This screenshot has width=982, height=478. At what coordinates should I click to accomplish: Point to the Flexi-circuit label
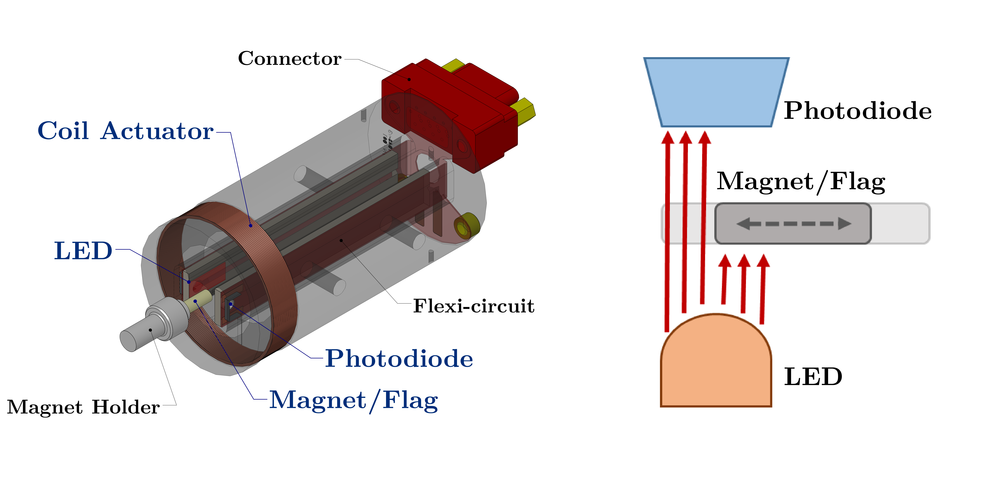click(473, 306)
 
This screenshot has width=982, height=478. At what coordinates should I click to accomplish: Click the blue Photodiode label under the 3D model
click(399, 359)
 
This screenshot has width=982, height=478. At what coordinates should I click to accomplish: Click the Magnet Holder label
click(83, 407)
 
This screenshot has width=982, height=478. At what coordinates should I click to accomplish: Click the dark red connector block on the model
click(450, 114)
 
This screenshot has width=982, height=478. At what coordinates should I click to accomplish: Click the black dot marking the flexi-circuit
click(341, 240)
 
